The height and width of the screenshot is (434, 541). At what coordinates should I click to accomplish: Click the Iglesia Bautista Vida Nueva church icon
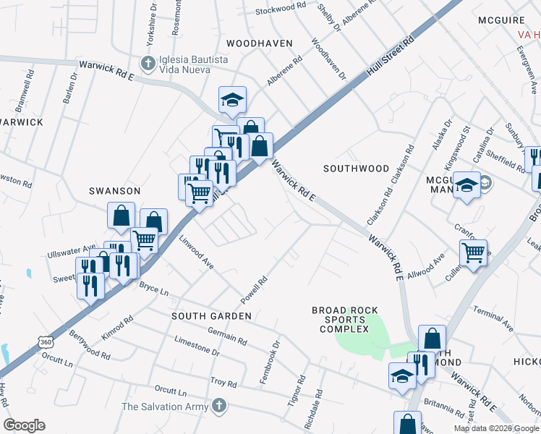point(149,63)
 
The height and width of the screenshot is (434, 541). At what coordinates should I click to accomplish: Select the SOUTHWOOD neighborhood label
point(356,169)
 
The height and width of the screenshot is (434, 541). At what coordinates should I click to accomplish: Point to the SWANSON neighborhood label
point(114,190)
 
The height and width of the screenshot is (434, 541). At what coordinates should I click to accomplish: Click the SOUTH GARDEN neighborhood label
point(211,316)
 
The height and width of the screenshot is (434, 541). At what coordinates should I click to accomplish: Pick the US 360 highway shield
point(46,341)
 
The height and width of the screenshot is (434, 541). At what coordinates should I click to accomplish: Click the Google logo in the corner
point(24,425)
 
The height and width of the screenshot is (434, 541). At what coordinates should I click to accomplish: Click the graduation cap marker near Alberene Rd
point(232,100)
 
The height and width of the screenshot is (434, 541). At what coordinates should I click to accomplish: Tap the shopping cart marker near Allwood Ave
point(473,253)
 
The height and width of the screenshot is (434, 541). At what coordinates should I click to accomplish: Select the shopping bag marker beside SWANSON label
point(121,216)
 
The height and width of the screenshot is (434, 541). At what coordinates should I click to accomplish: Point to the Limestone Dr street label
point(196,345)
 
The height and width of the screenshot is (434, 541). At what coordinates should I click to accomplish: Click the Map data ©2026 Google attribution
point(496,428)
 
